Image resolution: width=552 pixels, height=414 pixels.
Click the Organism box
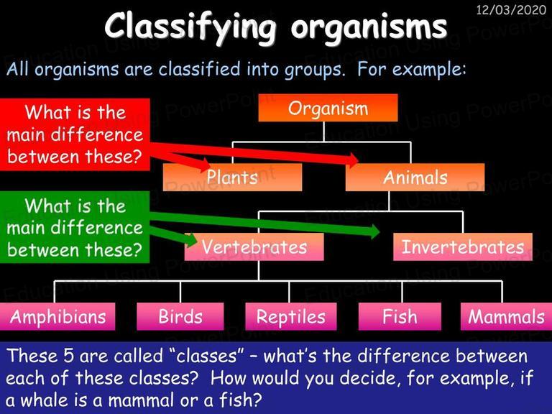328,108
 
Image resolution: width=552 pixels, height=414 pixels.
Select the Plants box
232,177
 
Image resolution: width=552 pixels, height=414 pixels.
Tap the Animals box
415,177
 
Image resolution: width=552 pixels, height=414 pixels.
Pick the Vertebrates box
254,247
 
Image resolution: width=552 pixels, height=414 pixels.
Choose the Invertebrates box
463,247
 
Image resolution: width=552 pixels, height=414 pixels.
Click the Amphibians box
57,316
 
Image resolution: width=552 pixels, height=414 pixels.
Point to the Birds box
180,316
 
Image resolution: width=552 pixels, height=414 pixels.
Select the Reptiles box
291,316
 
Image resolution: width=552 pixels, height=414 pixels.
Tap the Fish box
400,316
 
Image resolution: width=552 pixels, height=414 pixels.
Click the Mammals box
506,316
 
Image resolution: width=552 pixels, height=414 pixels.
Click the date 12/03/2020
511,9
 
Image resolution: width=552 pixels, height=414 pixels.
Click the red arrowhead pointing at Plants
203,165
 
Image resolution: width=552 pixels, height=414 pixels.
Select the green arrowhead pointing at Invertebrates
373,231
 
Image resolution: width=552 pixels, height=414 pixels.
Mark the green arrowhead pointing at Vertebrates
190,240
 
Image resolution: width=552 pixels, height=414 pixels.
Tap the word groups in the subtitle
313,70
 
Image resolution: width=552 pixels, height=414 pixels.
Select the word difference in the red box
97,134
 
